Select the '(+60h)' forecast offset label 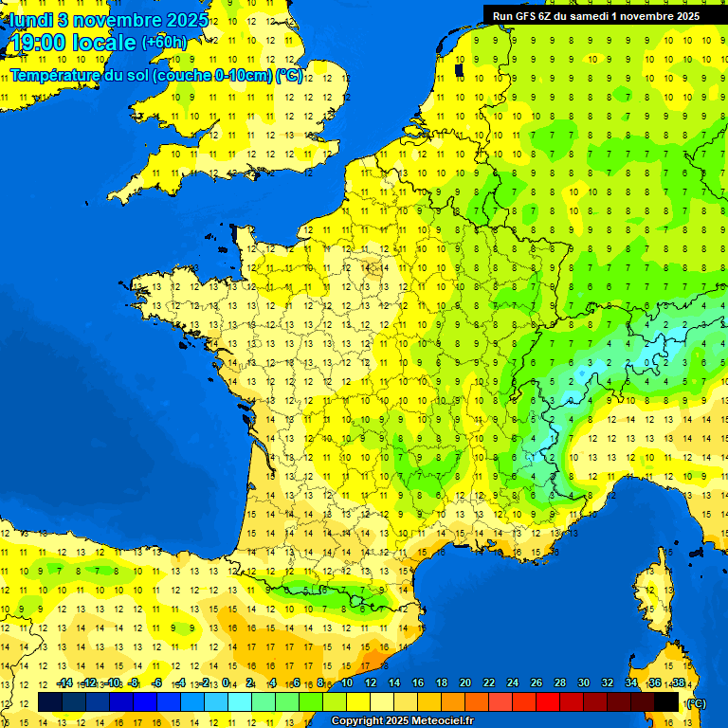pyautogui.click(x=164, y=43)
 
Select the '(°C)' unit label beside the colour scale pyautogui.click(x=695, y=702)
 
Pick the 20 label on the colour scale pyautogui.click(x=465, y=683)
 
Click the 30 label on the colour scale pyautogui.click(x=584, y=683)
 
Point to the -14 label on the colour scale pyautogui.click(x=64, y=683)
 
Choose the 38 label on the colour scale pyautogui.click(x=679, y=683)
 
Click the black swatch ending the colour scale pyautogui.click(x=667, y=702)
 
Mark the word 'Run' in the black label pyautogui.click(x=502, y=16)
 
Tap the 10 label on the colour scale pyautogui.click(x=347, y=683)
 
